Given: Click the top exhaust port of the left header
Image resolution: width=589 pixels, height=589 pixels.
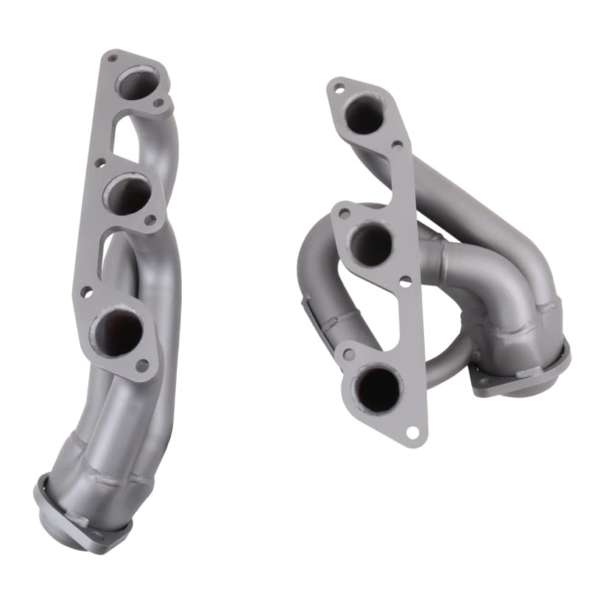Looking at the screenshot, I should (138, 82).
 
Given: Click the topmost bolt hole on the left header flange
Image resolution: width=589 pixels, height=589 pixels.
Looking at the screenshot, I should (113, 57).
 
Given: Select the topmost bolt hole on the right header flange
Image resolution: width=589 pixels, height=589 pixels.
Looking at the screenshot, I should (339, 88).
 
